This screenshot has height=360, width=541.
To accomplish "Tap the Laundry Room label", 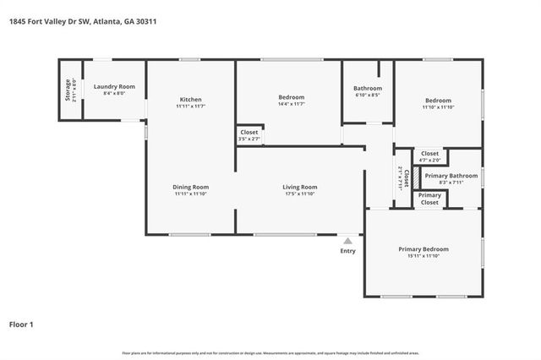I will [114, 87].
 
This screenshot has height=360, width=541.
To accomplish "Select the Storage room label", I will [69, 90].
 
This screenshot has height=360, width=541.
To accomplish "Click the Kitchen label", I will [190, 99].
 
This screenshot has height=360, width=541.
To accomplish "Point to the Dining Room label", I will [191, 187].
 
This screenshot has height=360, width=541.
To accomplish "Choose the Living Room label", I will [299, 187].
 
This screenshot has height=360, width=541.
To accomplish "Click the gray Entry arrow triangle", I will [347, 241].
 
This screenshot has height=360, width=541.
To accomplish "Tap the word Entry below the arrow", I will [347, 251].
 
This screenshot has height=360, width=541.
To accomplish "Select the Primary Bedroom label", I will [424, 249].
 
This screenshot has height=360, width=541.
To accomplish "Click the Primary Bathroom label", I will [451, 176].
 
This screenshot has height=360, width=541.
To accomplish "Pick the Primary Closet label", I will [429, 199].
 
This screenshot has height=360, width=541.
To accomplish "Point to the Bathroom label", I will [368, 89].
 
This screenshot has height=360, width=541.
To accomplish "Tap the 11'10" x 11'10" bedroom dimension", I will [438, 106].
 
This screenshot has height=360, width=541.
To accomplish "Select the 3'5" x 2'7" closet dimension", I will [249, 139].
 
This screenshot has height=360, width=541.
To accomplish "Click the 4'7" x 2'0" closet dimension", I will [429, 160].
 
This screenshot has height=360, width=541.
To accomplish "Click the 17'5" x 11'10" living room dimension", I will [299, 194].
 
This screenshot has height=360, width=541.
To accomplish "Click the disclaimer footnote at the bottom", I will [270, 352].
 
